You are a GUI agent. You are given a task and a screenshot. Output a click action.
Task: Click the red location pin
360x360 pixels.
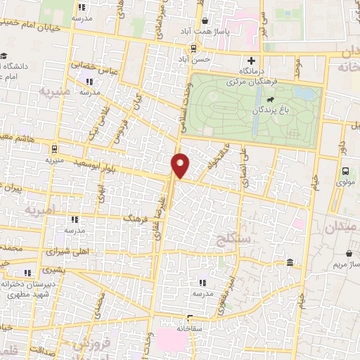pos(181,165)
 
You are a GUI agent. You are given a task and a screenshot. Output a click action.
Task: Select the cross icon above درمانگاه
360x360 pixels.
pos(251,60)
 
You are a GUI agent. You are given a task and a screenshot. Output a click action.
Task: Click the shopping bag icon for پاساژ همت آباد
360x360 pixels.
pos(205,21)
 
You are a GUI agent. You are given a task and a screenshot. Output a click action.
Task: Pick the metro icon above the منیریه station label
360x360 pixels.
pos(53,148)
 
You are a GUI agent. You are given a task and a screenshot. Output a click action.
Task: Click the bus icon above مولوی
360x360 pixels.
pos(345,171)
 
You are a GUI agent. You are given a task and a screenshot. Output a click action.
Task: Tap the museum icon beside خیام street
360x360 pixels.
pos(290,263)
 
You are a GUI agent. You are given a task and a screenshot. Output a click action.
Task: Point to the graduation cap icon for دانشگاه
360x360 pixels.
pos(5,57)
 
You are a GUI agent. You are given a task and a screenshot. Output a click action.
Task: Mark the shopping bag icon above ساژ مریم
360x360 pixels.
pos(349,253)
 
